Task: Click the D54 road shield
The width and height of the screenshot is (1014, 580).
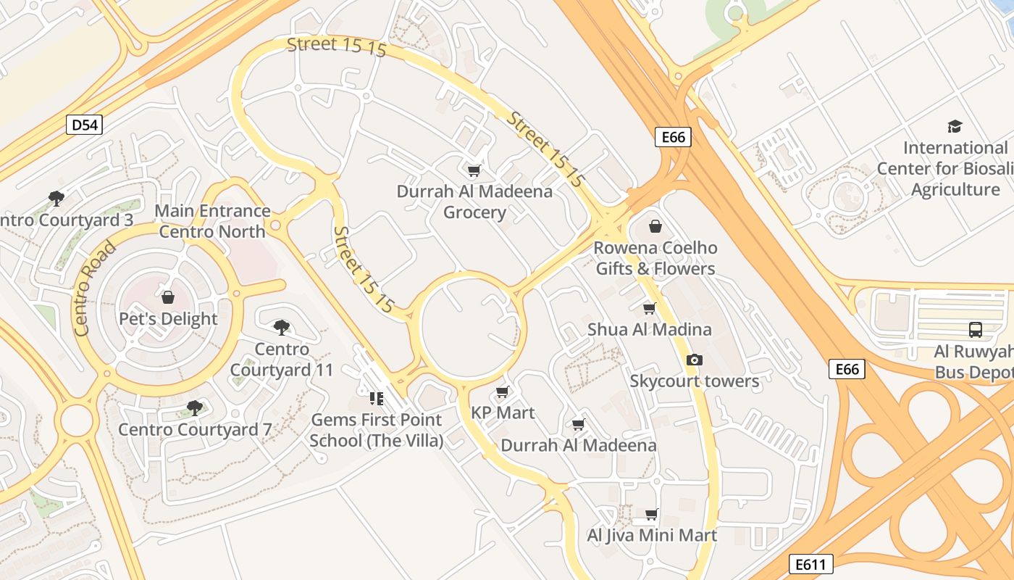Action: [x=85, y=125]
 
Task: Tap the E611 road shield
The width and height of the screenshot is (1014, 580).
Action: [x=810, y=564]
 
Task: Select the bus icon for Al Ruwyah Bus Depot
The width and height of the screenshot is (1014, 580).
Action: [x=976, y=330]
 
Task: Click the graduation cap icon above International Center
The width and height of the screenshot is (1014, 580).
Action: [x=955, y=126]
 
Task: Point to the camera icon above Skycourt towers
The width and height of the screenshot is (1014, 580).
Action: [x=694, y=360]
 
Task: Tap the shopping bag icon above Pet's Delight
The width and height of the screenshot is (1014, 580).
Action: [x=168, y=297]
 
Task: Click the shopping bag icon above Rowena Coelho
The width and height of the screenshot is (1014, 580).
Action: [x=655, y=226]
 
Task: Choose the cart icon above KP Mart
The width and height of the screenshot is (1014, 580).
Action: [x=502, y=392]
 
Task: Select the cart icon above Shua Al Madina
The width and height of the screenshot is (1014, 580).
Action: [x=650, y=308]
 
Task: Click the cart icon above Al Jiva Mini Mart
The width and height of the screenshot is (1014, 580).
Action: [x=651, y=515]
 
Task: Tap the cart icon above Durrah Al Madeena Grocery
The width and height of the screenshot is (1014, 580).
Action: [x=474, y=170]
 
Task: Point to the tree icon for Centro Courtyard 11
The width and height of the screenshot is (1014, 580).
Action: [x=282, y=328]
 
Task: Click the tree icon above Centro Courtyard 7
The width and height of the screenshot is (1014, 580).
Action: [x=194, y=407]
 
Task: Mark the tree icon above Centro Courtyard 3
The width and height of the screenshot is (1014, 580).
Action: [x=56, y=198]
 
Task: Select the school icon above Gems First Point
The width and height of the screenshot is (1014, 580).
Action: [x=376, y=398]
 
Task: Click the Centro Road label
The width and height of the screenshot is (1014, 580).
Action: [x=94, y=288]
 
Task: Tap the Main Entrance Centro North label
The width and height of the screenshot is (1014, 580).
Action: [x=213, y=222]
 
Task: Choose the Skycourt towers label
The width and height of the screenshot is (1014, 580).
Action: [x=694, y=381]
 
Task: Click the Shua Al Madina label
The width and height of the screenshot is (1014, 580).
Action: [x=649, y=329]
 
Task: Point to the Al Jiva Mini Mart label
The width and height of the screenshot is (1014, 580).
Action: [x=652, y=536]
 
